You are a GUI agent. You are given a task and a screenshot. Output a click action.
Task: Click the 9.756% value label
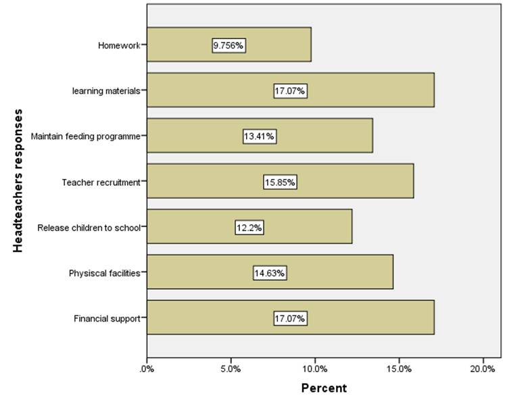(228, 45)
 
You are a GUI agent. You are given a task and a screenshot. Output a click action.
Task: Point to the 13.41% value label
(260, 136)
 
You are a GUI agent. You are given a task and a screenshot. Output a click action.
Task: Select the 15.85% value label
(280, 182)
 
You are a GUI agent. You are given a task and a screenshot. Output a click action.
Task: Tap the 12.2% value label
(249, 227)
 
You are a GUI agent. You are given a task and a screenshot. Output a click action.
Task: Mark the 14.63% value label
(270, 273)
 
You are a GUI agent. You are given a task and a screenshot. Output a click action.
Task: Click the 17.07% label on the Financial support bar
(290, 318)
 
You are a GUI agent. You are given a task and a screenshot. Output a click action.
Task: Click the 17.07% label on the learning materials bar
(290, 91)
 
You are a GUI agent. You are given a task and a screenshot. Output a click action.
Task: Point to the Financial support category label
(107, 318)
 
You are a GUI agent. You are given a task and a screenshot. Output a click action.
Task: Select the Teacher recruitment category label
(101, 182)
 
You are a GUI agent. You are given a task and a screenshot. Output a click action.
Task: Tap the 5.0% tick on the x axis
(231, 369)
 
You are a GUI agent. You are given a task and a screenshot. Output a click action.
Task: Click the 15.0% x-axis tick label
(399, 369)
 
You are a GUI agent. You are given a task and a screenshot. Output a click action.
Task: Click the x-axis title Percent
(323, 388)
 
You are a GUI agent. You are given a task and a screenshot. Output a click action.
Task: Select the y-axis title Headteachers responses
(18, 181)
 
